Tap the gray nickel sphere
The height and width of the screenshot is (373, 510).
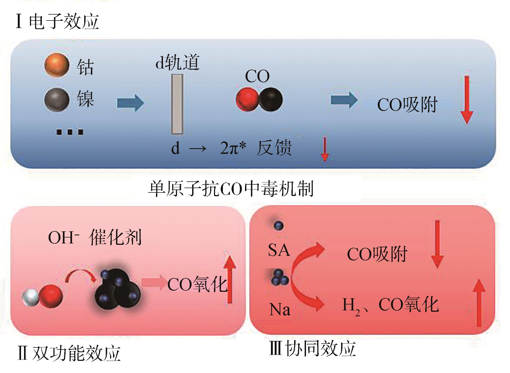[57, 100]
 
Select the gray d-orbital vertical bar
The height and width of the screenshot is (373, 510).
[177, 104]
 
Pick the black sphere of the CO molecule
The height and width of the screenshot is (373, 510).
[271, 100]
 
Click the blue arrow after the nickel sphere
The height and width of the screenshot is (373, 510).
[130, 103]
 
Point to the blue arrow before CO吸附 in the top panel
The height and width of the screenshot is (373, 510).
[344, 100]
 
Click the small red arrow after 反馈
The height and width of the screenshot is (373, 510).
[325, 149]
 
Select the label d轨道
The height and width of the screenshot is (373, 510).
[177, 62]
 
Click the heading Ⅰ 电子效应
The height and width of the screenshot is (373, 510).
[57, 22]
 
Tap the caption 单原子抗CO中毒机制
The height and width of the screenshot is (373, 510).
[231, 189]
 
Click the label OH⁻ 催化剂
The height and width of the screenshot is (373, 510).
[94, 238]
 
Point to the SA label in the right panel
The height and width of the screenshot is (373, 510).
[279, 250]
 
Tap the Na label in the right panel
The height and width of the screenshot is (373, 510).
[280, 309]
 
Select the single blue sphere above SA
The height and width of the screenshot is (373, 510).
[278, 225]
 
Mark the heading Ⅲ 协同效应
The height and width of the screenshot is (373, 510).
[312, 348]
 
